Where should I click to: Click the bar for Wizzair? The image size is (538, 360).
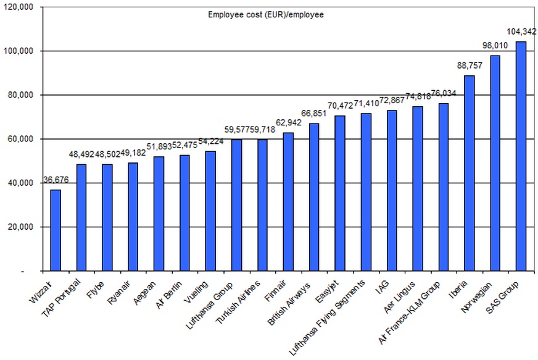[x=56, y=230]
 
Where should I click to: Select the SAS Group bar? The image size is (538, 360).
[x=521, y=156]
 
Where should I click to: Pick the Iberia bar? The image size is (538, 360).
[x=469, y=174]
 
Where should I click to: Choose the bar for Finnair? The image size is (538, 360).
[x=288, y=202]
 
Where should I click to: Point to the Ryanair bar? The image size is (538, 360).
[x=133, y=217]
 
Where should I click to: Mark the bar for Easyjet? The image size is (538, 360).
[x=340, y=193]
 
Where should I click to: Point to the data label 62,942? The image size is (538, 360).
[x=288, y=122]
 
